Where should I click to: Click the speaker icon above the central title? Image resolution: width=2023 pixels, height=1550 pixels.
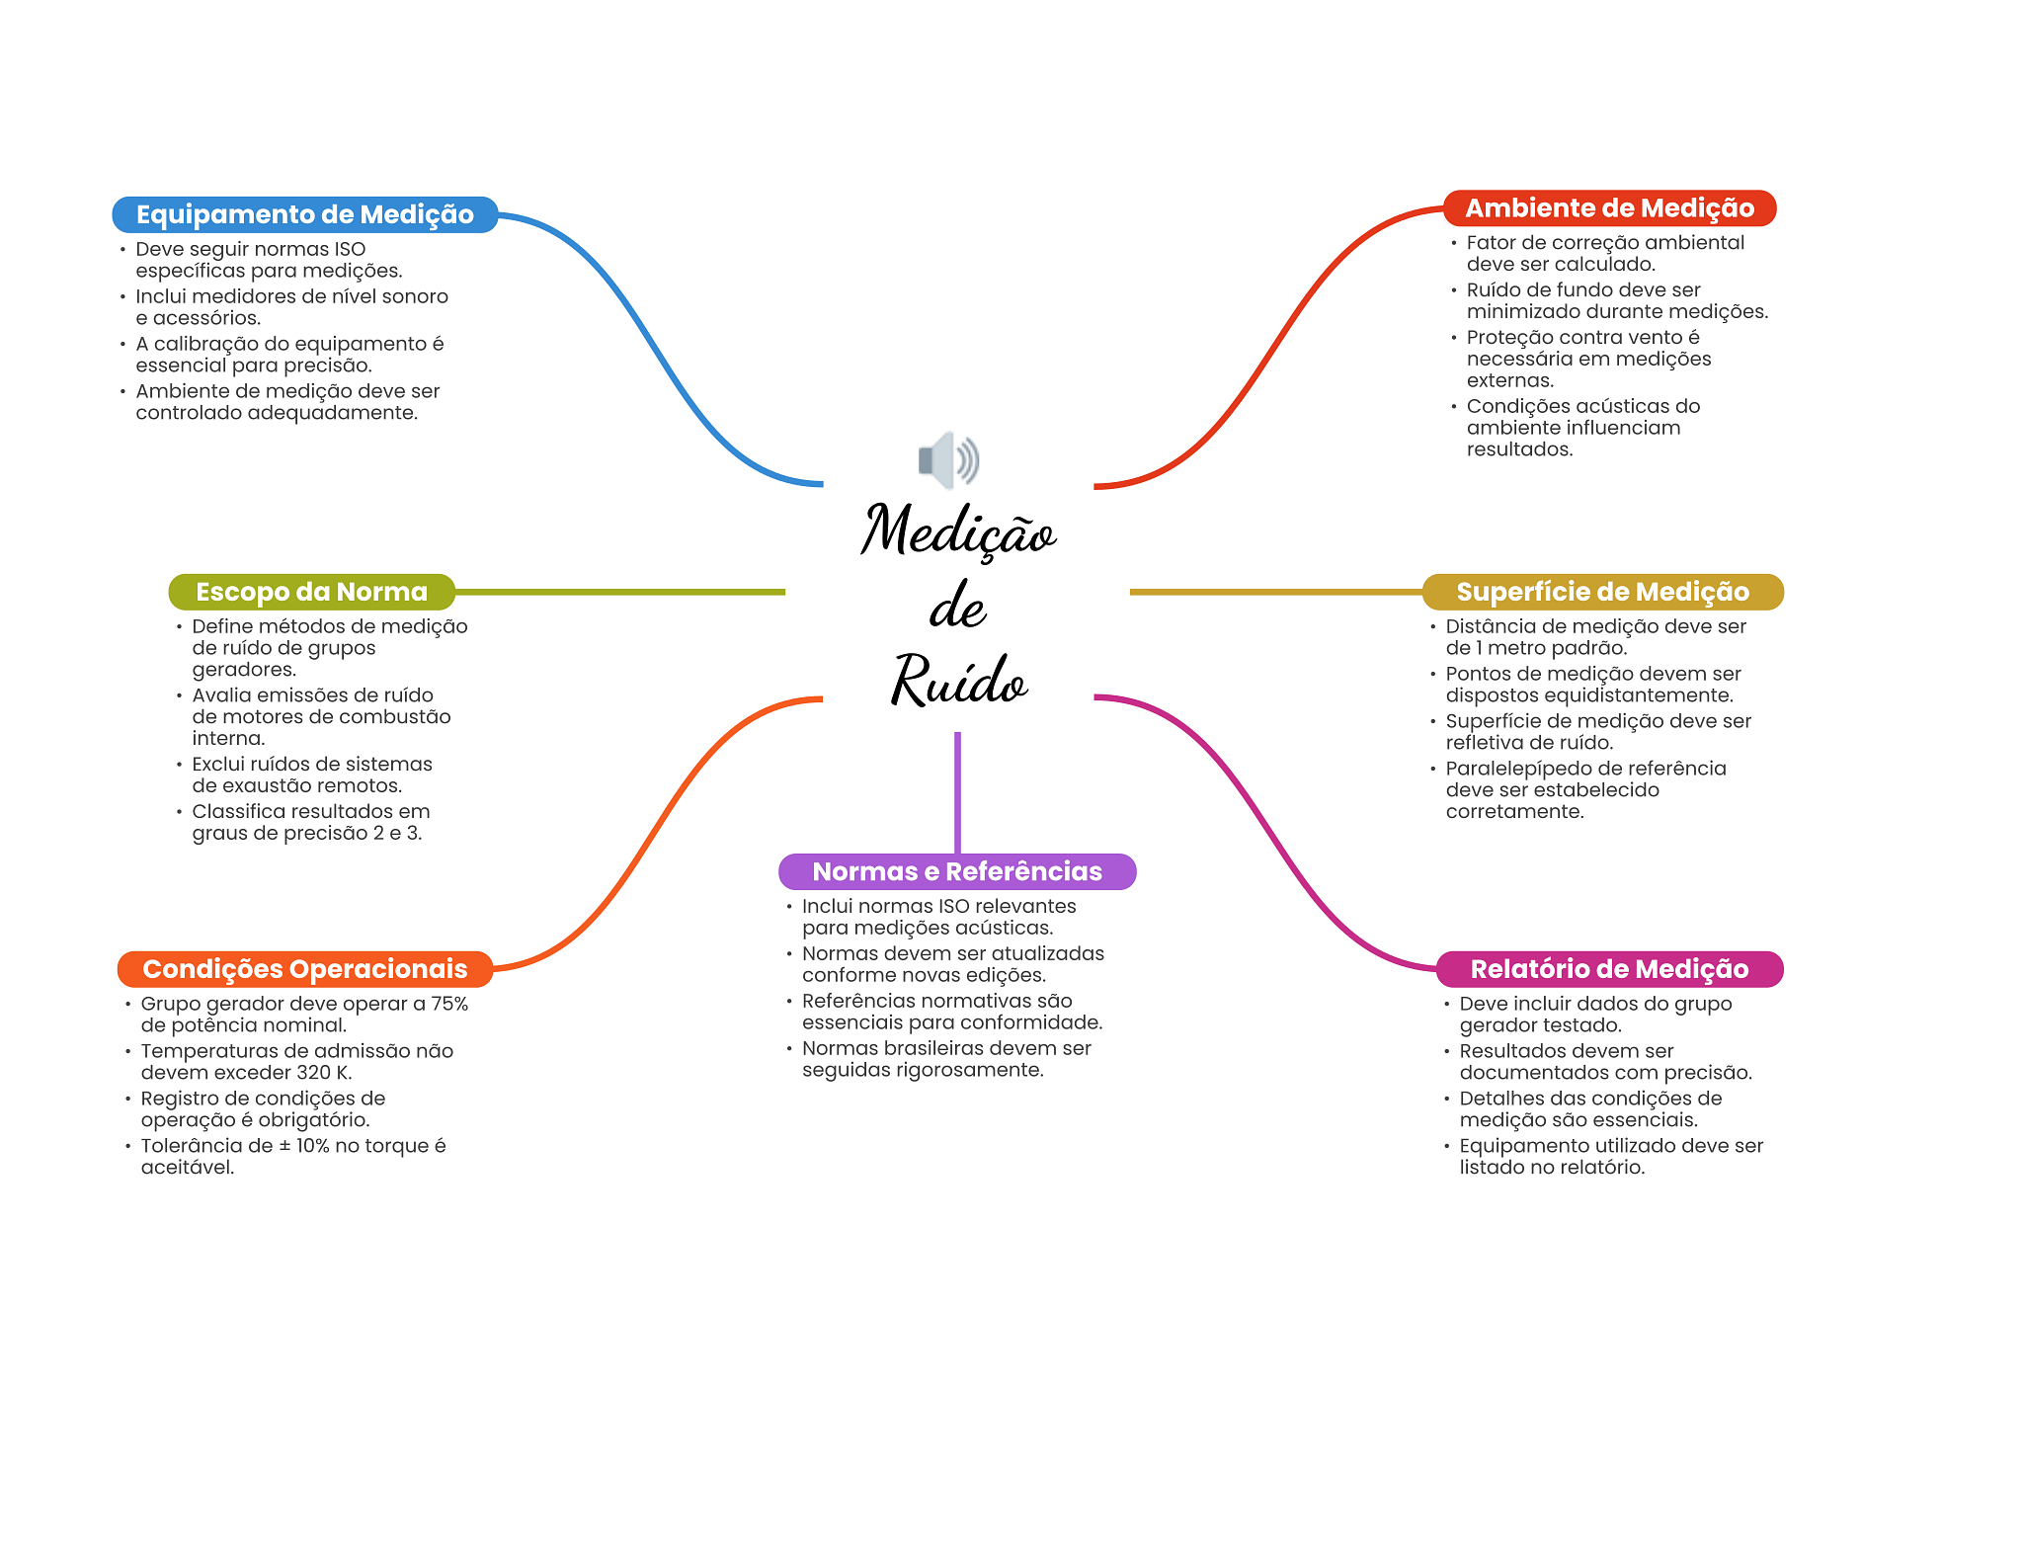point(948,460)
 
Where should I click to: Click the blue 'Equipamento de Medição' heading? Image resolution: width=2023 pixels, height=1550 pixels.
point(305,214)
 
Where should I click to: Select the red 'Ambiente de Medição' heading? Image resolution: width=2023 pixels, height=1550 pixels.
point(1609,208)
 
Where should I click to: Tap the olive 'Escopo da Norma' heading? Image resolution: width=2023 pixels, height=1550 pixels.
point(312,592)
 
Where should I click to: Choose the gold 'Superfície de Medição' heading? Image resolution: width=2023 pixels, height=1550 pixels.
point(1602,592)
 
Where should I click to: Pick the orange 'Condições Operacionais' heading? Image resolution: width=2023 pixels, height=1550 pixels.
point(305,969)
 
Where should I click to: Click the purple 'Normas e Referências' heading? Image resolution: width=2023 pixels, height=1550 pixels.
point(957,871)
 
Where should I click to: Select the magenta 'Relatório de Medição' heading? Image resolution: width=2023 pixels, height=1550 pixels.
point(1609,969)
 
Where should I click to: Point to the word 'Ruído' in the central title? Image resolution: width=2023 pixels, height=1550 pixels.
point(959,680)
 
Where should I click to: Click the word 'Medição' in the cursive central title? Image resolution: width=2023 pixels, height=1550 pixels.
point(958,530)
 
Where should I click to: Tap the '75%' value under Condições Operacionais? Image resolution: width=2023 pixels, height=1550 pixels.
point(449,1004)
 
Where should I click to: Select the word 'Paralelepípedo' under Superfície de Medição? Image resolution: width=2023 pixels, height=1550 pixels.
point(1516,770)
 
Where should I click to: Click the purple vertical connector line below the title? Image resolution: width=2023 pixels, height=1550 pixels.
point(957,792)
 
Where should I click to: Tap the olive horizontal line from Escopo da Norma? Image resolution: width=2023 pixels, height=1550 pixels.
point(620,592)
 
